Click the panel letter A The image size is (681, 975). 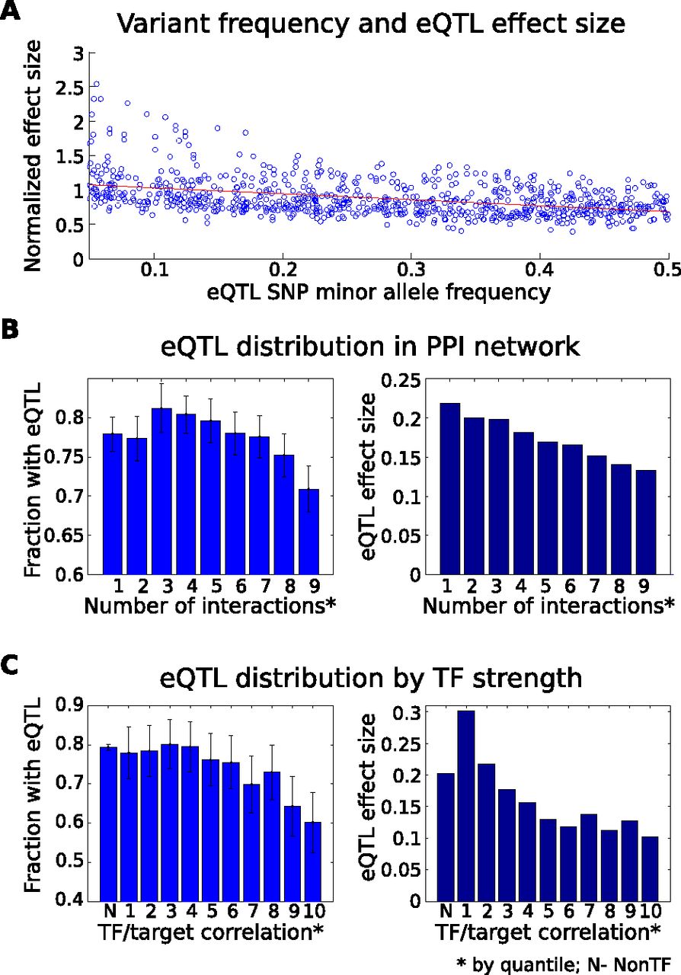click(10, 11)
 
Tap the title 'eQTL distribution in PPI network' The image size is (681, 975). click(370, 347)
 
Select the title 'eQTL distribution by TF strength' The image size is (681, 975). click(370, 678)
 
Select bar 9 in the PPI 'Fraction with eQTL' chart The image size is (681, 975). click(309, 532)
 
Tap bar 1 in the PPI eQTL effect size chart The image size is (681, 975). click(449, 489)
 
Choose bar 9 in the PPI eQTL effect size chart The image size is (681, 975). click(646, 523)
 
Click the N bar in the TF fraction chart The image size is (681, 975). click(108, 824)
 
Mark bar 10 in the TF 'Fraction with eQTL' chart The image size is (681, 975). click(312, 862)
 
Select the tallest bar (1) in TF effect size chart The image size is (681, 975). click(466, 806)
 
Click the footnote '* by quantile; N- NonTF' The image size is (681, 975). click(564, 964)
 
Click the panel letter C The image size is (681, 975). click(10, 663)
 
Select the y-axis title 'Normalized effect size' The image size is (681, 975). click(32, 156)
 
